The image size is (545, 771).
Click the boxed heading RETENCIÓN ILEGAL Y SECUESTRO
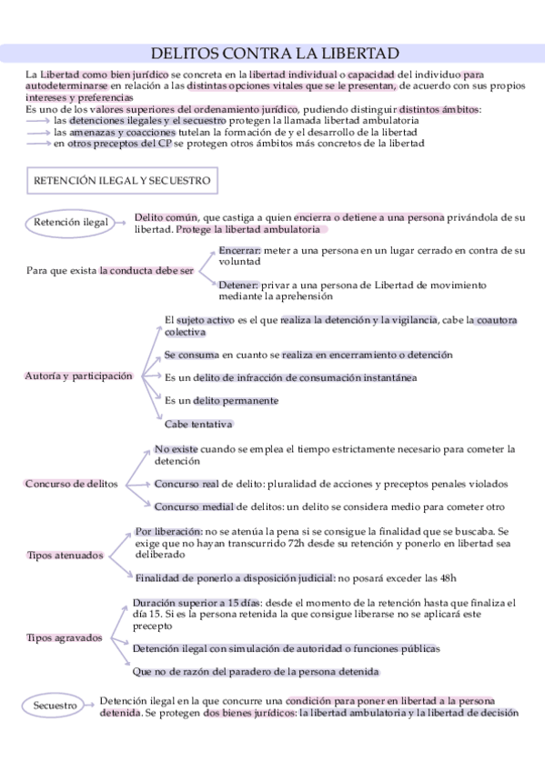(122, 180)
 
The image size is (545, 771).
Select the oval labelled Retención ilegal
(70, 223)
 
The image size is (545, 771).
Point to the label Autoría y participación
(79, 375)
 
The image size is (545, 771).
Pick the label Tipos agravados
(65, 637)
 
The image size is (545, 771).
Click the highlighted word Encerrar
(239, 249)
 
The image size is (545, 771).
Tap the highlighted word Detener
(238, 285)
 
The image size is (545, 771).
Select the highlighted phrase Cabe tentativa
(198, 424)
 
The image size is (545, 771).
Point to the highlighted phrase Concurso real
(187, 484)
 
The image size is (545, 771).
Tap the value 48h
(445, 576)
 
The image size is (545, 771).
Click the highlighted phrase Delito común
(166, 217)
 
